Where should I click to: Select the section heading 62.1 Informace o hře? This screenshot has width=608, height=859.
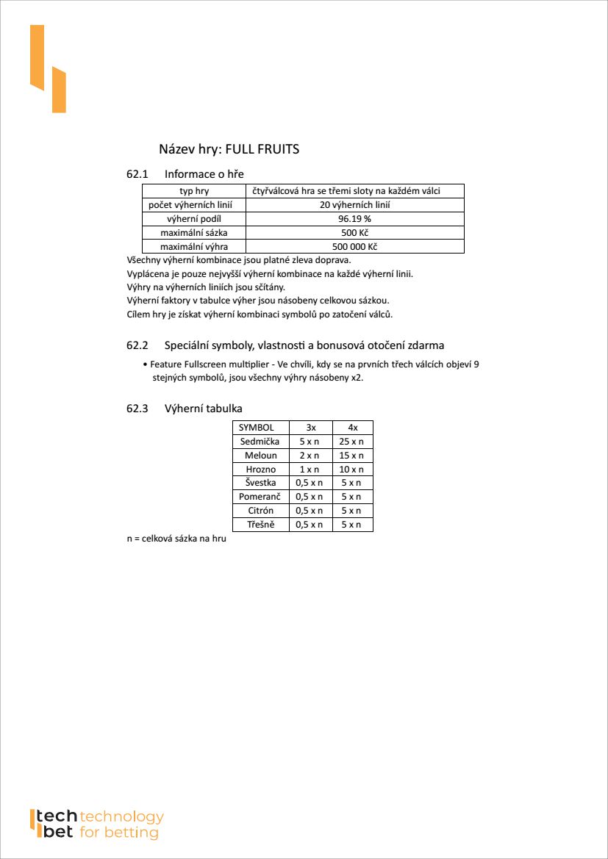pyautogui.click(x=185, y=174)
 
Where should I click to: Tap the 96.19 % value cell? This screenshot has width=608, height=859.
pyautogui.click(x=354, y=219)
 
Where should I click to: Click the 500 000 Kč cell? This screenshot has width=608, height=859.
pyautogui.click(x=354, y=247)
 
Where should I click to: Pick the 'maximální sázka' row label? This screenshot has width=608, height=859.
pyautogui.click(x=193, y=233)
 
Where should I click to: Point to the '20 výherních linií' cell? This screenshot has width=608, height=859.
pyautogui.click(x=354, y=205)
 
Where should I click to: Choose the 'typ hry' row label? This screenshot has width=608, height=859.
pyautogui.click(x=193, y=191)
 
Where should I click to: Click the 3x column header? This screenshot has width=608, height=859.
pyautogui.click(x=311, y=428)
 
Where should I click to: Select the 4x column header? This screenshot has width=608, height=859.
pyautogui.click(x=352, y=428)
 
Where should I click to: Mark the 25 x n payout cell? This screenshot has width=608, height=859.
pyautogui.click(x=352, y=442)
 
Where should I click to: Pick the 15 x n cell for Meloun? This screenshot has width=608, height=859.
pyautogui.click(x=352, y=456)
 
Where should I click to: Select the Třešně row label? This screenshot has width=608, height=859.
pyautogui.click(x=260, y=525)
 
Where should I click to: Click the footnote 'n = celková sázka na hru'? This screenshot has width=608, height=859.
pyautogui.click(x=176, y=539)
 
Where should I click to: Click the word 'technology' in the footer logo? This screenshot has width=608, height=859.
pyautogui.click(x=121, y=817)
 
